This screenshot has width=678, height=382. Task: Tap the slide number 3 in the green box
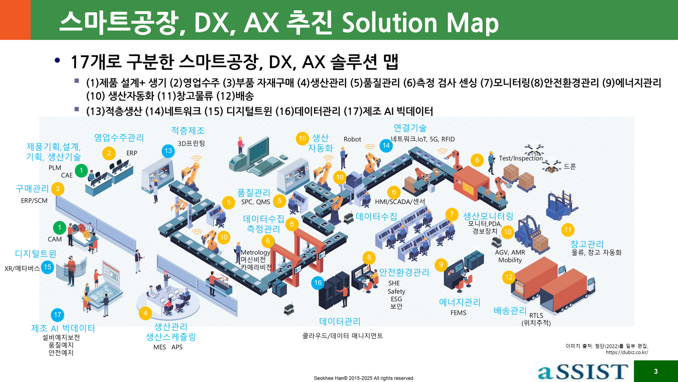(656, 371)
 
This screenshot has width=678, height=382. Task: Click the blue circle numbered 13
(168, 151)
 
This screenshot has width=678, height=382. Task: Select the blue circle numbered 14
(386, 145)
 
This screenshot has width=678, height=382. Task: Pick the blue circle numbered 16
(318, 283)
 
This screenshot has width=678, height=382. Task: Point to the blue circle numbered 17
(58, 315)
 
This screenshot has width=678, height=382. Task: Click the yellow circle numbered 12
(509, 277)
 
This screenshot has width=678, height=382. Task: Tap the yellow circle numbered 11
(568, 230)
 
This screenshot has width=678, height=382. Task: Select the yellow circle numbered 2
(109, 153)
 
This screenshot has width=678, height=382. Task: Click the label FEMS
(458, 313)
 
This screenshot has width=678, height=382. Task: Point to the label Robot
(352, 139)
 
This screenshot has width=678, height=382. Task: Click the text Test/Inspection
(521, 158)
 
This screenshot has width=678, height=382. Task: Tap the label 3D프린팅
(191, 144)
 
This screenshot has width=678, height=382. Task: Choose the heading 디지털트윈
(35, 254)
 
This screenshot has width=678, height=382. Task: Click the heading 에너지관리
(460, 302)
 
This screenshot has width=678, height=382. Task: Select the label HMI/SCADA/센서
(400, 201)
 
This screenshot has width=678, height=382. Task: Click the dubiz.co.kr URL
(627, 352)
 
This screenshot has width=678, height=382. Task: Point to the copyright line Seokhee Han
(364, 378)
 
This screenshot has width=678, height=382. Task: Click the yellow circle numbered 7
(452, 214)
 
